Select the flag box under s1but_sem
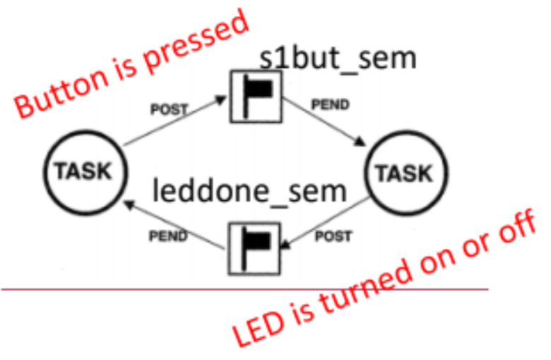tap(255, 97)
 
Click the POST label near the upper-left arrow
tap(170, 109)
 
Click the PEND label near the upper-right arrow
tap(330, 105)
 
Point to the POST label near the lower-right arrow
tap(333, 236)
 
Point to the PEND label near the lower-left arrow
tap(169, 235)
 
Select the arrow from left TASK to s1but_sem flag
tap(177, 124)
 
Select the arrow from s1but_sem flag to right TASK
tap(326, 124)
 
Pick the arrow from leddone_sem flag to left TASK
tap(177, 222)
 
